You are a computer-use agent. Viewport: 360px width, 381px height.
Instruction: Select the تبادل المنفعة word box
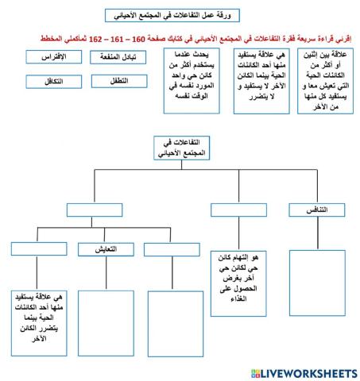tap(115, 57)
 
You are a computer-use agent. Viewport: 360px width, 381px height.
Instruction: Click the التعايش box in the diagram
tap(107, 250)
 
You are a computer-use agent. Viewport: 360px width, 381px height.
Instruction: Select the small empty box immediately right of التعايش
tap(172, 250)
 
